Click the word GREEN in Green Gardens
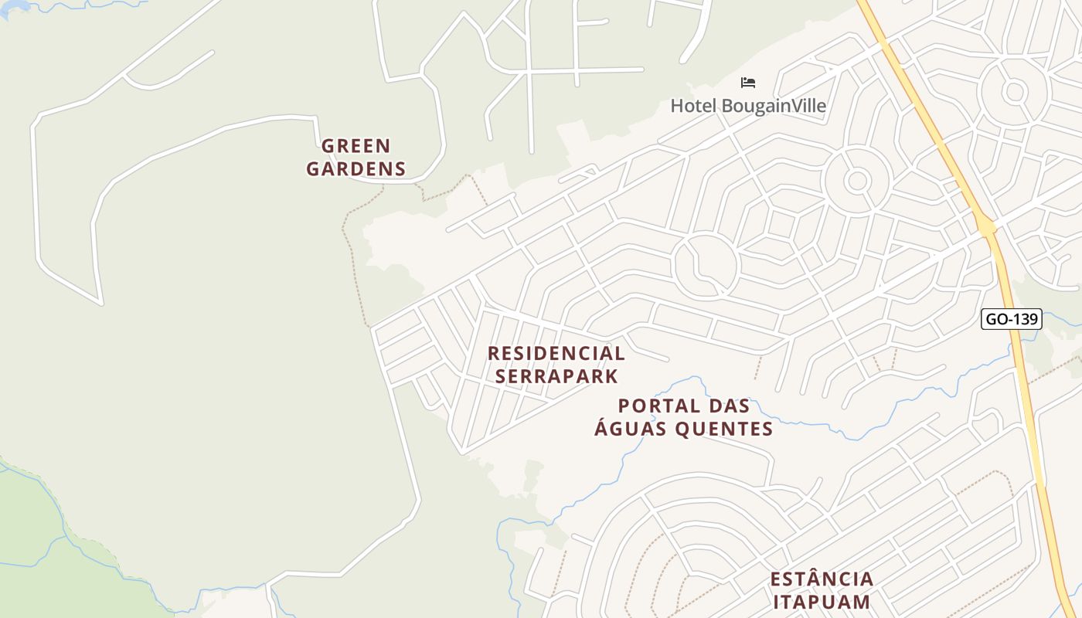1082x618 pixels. [x=356, y=146]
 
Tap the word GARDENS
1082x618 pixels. [x=356, y=168]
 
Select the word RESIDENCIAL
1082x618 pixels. [x=556, y=354]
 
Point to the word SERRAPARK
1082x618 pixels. [x=556, y=376]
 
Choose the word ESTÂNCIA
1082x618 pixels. [x=822, y=579]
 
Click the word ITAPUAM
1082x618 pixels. [x=822, y=602]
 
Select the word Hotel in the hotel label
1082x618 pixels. [x=693, y=106]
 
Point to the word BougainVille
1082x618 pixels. [x=774, y=106]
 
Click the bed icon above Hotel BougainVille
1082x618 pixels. [x=747, y=83]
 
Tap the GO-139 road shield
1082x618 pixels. [x=1011, y=319]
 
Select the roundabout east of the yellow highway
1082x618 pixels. [x=1013, y=92]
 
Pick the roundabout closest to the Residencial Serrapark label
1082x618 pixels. [x=706, y=264]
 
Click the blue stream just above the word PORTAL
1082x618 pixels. [x=680, y=383]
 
